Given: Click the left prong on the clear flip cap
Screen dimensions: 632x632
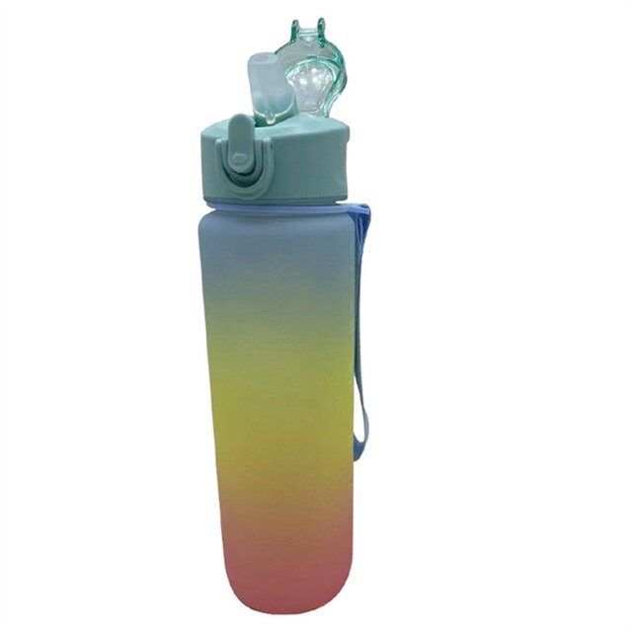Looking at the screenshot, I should point(296,31).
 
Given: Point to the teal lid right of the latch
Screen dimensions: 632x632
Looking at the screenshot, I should point(306,158).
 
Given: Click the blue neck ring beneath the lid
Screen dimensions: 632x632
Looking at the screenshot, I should point(286,204).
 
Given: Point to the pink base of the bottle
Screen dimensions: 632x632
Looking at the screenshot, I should point(281,573).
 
